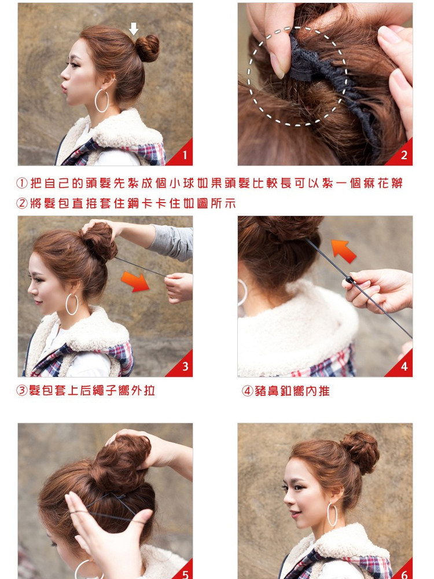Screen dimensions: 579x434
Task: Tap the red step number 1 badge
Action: coord(184,155)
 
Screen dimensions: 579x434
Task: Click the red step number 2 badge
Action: coord(403,155)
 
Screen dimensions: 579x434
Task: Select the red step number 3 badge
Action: coord(184,367)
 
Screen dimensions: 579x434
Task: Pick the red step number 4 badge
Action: coord(403,367)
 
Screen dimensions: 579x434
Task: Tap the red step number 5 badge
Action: coord(185,573)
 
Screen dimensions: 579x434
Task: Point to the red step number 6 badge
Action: coord(403,573)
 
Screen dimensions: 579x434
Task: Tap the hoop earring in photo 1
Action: coord(102,101)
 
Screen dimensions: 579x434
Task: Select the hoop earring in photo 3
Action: coord(72,304)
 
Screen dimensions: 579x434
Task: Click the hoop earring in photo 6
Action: coord(332,515)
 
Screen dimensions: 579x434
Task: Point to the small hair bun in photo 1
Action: coord(147,48)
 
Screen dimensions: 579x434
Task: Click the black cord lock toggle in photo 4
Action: coord(348,281)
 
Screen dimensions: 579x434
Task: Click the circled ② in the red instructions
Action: coord(21,203)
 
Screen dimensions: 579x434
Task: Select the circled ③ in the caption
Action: coord(21,391)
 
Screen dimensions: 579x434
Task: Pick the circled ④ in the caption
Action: coord(247,391)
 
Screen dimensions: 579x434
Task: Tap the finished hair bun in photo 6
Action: coord(359,452)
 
